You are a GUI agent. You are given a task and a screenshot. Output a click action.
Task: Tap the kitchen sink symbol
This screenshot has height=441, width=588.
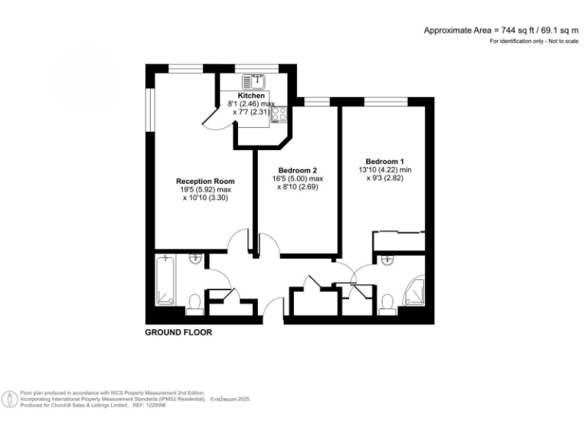click(x=252, y=80)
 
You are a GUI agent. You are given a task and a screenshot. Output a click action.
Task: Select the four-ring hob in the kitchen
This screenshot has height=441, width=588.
click(x=279, y=114)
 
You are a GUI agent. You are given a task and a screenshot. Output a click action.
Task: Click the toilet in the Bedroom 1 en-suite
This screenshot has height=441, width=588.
click(x=388, y=304)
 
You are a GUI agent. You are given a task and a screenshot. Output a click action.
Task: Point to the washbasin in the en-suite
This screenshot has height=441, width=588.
click(x=388, y=260)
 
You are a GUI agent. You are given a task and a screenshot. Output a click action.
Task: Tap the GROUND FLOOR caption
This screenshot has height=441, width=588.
click(x=178, y=333)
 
